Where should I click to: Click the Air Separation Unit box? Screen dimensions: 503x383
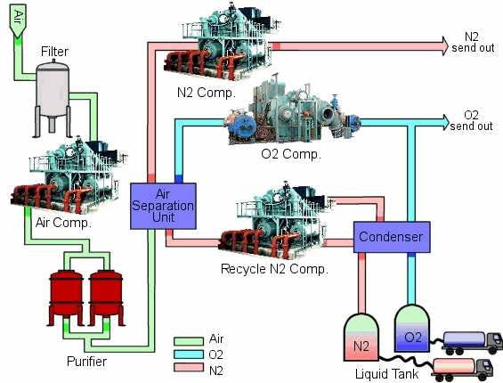click(x=163, y=206)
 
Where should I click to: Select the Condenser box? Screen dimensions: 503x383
click(x=392, y=237)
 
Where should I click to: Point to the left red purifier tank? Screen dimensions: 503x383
click(x=66, y=297)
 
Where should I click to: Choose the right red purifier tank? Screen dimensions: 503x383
click(x=106, y=297)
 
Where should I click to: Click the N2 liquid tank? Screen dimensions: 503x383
click(x=361, y=337)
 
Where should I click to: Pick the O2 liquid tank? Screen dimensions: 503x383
click(x=412, y=328)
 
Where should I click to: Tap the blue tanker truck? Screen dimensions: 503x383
click(x=472, y=343)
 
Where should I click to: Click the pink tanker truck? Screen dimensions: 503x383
click(x=462, y=370)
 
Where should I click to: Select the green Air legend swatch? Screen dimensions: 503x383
click(x=189, y=340)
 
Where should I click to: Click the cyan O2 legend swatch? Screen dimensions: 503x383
click(x=189, y=354)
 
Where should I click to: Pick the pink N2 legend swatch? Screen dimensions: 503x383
click(x=189, y=367)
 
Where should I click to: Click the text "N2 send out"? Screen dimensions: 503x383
click(x=473, y=43)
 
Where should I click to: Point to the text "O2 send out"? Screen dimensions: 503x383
click(x=471, y=120)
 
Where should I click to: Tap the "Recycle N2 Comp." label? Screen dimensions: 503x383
click(x=274, y=269)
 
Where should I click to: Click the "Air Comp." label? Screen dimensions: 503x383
click(x=63, y=223)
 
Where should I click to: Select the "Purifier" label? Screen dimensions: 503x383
click(x=86, y=362)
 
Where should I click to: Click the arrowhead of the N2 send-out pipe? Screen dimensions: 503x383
click(x=445, y=46)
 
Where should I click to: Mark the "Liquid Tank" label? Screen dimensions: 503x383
click(x=387, y=374)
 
